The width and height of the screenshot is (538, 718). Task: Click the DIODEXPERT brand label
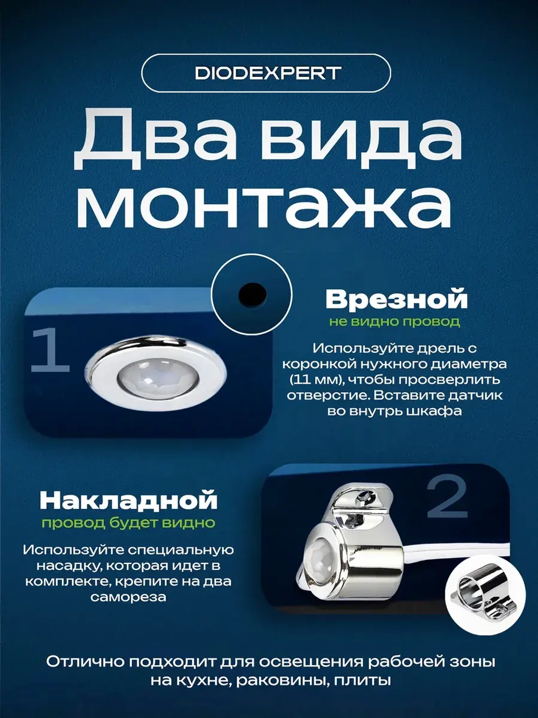pos(267,73)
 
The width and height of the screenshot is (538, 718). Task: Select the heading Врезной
pos(397,299)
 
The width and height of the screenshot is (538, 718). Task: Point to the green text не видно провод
pos(394,322)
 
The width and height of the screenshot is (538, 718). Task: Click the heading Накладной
pos(129,500)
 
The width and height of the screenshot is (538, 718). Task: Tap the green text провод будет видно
pos(129,522)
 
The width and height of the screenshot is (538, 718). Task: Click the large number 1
pos(50,351)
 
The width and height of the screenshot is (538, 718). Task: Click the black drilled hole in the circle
pos(252,294)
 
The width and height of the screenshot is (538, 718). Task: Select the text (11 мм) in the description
pos(315,379)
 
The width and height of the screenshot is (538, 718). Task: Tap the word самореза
pos(128,597)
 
